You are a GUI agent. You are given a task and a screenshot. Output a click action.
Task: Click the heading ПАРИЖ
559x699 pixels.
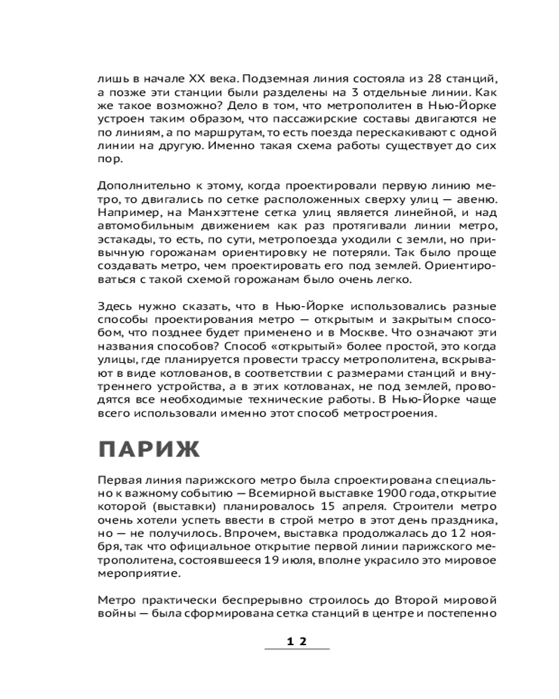(147, 449)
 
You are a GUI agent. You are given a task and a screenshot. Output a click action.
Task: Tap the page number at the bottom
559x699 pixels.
(297, 640)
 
